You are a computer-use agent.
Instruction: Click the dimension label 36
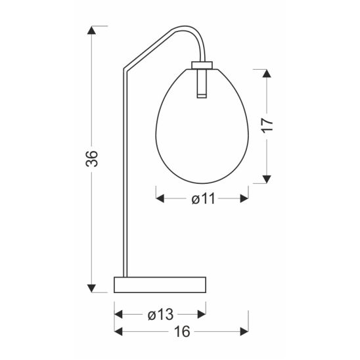92,158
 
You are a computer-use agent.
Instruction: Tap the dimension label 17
267,125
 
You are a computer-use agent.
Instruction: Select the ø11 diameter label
204,198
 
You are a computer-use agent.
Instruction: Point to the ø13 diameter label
160,314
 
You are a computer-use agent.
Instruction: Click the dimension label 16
182,332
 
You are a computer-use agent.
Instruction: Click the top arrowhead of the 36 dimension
91,30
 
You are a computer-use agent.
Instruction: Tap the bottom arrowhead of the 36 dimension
91,288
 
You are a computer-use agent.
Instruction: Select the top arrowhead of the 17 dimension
267,73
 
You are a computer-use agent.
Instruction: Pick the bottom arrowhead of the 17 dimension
267,179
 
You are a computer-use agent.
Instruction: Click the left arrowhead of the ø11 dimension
160,198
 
